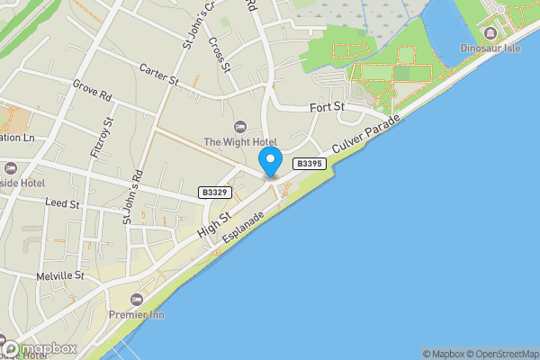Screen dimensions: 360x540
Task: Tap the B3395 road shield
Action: [309, 163]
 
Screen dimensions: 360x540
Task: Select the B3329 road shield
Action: [214, 193]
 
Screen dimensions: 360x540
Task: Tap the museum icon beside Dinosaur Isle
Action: [490, 31]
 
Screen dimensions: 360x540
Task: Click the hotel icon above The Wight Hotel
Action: [238, 126]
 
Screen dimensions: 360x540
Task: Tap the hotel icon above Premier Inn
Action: [136, 299]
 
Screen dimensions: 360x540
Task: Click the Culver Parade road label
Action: [365, 133]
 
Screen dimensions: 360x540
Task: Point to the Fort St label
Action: [328, 106]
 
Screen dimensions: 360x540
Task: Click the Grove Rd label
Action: [92, 91]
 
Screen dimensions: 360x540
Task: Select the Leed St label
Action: [63, 205]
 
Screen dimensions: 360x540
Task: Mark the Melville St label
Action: [60, 275]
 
